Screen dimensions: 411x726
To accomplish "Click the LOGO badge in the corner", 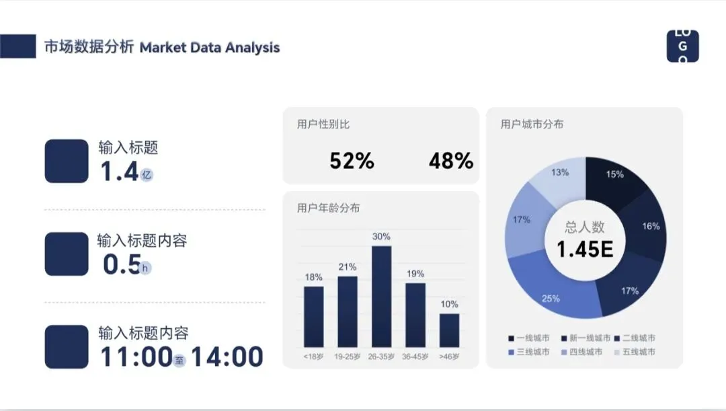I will pyautogui.click(x=682, y=46).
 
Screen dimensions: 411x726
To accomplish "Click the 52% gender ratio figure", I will pyautogui.click(x=352, y=161).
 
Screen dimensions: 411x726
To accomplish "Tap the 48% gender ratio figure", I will pyautogui.click(x=450, y=161).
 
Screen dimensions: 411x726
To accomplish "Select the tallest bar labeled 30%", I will pyautogui.click(x=381, y=296).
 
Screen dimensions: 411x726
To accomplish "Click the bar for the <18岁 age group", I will pyautogui.click(x=313, y=316).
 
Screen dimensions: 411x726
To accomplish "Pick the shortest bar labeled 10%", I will pyautogui.click(x=449, y=330).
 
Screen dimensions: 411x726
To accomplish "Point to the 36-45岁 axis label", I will pyautogui.click(x=415, y=357).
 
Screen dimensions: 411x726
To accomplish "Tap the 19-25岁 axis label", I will pyautogui.click(x=348, y=357).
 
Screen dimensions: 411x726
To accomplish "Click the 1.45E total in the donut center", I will pyautogui.click(x=585, y=249).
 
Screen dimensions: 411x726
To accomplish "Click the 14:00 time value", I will pyautogui.click(x=227, y=357).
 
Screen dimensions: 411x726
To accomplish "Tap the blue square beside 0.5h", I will pyautogui.click(x=66, y=254).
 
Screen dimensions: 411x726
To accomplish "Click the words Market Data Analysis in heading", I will pyautogui.click(x=210, y=48).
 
